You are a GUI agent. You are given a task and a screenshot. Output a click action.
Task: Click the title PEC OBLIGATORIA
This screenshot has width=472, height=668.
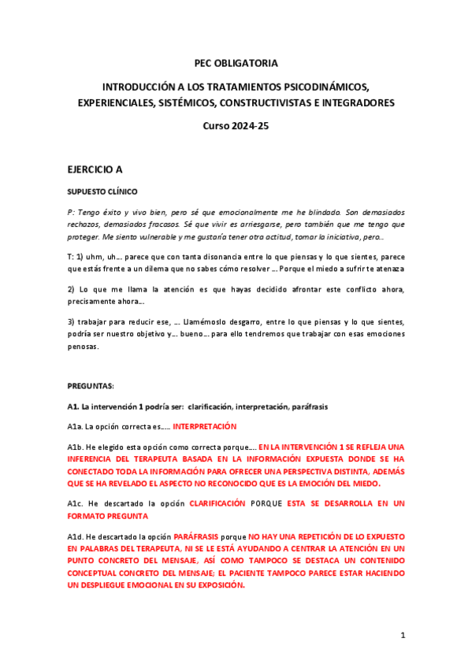click(236, 63)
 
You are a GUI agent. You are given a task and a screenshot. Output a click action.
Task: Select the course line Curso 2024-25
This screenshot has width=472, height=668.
click(236, 125)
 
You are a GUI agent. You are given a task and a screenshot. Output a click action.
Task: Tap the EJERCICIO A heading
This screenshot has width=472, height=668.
click(95, 169)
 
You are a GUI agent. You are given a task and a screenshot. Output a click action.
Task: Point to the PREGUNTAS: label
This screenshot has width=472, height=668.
click(90, 385)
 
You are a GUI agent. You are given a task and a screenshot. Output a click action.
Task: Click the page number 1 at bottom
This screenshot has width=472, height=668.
click(402, 635)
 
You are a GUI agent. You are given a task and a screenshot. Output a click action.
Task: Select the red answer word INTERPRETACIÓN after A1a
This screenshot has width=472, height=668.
click(204, 426)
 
